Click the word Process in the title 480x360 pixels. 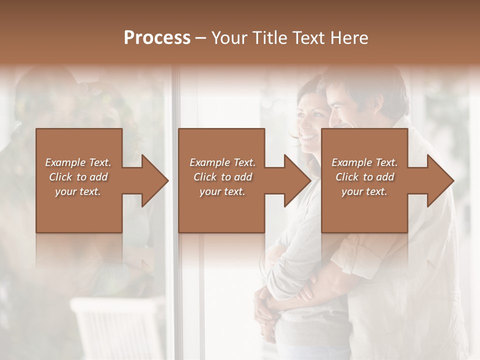pos(157,37)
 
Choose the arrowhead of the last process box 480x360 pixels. pos(439,180)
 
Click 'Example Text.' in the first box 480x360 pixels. pos(78,162)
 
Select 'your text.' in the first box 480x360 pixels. pos(78,192)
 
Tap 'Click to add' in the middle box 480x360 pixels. pos(222,177)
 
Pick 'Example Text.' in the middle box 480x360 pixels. pos(222,162)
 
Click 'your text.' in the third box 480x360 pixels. pos(364,192)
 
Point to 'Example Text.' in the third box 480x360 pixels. pos(364,162)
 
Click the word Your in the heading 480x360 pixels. pos(229,37)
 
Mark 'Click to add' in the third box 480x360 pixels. pos(364,177)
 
